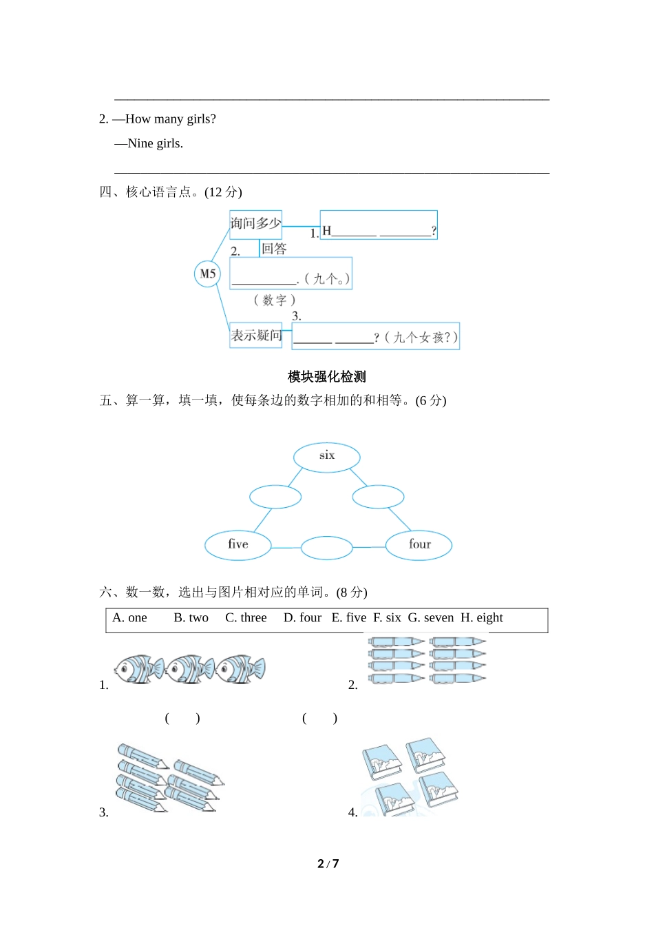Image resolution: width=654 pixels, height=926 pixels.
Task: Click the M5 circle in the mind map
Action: click(207, 274)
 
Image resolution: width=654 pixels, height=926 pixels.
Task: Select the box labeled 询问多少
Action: click(255, 224)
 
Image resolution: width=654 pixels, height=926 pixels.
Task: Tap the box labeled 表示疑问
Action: click(256, 336)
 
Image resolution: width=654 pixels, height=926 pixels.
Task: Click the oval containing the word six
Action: click(327, 456)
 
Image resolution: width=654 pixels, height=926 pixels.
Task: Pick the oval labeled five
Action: click(238, 545)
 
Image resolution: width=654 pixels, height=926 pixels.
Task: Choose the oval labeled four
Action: click(419, 545)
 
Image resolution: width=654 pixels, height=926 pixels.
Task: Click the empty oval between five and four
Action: click(327, 548)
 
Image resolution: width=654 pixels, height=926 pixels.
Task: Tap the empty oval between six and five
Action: click(275, 497)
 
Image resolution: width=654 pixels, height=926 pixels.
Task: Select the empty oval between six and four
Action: click(378, 497)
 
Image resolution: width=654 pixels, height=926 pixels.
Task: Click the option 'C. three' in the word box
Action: click(246, 618)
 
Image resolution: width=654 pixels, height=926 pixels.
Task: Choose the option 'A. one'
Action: click(129, 618)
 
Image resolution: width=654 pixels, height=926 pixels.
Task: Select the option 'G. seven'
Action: click(431, 618)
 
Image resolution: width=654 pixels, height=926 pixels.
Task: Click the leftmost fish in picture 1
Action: click(138, 669)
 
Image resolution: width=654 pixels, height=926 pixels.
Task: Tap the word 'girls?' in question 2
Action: click(201, 119)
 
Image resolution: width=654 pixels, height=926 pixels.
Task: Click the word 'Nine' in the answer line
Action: click(140, 144)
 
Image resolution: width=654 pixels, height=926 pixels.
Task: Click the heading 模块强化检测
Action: click(327, 377)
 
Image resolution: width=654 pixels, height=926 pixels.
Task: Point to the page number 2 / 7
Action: click(328, 864)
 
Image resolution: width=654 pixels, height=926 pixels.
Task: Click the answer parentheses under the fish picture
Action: click(182, 719)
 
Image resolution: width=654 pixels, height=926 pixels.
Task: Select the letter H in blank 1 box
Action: click(327, 231)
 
